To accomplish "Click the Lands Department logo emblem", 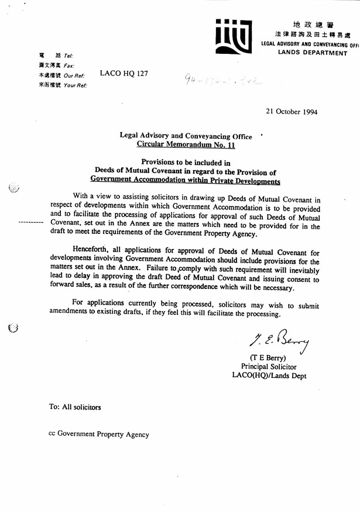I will coord(234,36).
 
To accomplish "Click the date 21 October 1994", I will coord(292,112).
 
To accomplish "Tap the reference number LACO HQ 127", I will coord(124,74).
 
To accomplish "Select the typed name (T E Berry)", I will coord(269,357).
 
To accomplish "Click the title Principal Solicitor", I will coord(269,367).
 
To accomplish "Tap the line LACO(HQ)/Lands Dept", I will coord(269,376).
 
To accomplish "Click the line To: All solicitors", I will coord(75,407).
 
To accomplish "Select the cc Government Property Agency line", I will coord(99,435).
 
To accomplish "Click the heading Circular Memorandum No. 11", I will coord(186,144).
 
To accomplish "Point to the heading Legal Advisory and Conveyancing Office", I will coord(186,136).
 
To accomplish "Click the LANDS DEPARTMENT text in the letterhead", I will coord(313,53).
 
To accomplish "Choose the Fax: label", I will coord(69,66).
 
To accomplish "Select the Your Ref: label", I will coord(76,85).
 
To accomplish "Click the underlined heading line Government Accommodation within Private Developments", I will coord(186,181).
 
